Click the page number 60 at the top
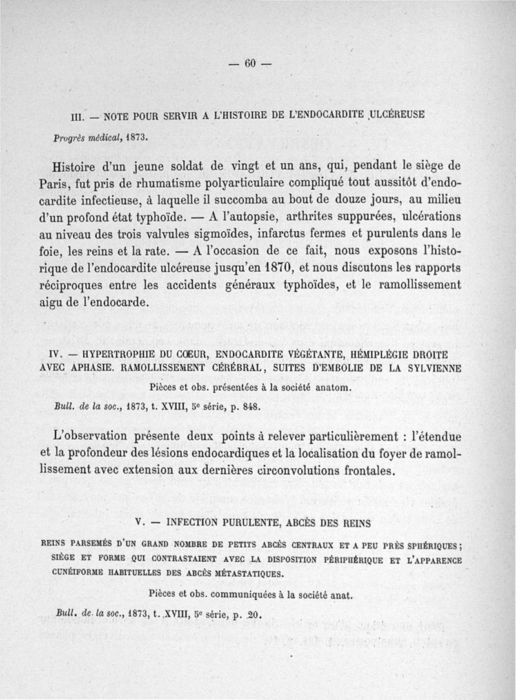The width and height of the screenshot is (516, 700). point(251,63)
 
